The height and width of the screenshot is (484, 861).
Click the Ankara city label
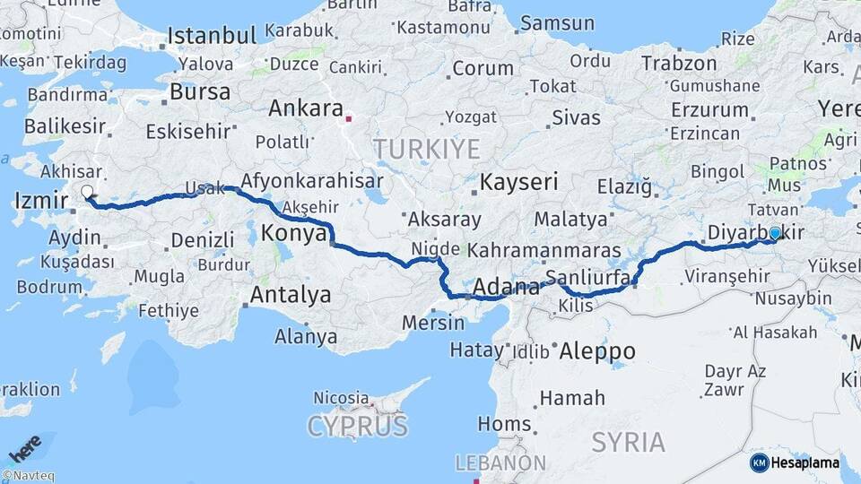click(x=306, y=109)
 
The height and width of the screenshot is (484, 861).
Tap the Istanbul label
click(x=213, y=36)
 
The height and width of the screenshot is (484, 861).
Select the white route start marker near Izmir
click(x=87, y=191)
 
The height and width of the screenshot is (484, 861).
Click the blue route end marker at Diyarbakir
click(x=775, y=233)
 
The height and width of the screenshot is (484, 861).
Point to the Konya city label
click(x=293, y=234)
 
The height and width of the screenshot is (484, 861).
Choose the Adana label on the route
click(x=504, y=287)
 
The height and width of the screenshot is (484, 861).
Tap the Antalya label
click(x=290, y=294)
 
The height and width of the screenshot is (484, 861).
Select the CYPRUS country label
click(x=357, y=426)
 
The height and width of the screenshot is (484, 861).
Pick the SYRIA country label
click(x=628, y=442)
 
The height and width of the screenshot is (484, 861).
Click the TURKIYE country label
click(x=426, y=149)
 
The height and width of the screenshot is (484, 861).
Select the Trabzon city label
click(x=679, y=64)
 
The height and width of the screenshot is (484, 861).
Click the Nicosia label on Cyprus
click(x=341, y=397)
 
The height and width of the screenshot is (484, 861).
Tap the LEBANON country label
click(x=500, y=462)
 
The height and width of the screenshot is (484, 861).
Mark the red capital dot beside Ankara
click(x=350, y=116)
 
